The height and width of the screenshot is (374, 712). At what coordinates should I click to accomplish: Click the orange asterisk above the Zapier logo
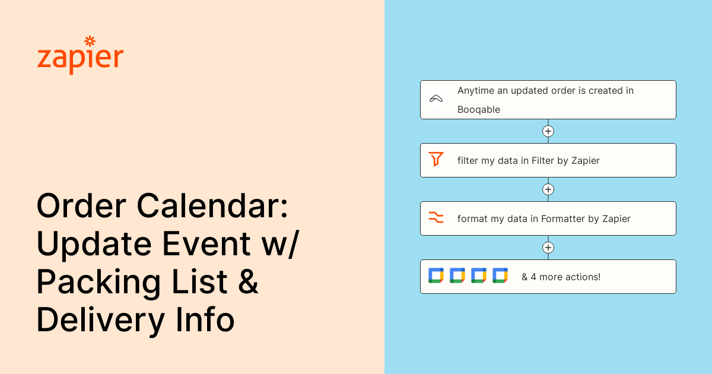pyautogui.click(x=90, y=42)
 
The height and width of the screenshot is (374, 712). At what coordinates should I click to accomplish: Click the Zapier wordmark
pyautogui.click(x=80, y=59)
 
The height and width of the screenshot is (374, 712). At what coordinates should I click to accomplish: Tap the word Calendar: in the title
pyautogui.click(x=212, y=206)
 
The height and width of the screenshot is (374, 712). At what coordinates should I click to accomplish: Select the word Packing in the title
pyautogui.click(x=99, y=283)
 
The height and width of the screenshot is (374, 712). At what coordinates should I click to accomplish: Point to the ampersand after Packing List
pyautogui.click(x=248, y=281)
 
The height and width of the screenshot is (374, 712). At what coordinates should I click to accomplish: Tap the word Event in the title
pyautogui.click(x=206, y=244)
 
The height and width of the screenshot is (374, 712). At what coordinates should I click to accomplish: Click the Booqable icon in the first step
pyautogui.click(x=436, y=99)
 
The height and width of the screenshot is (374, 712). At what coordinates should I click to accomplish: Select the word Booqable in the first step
pyautogui.click(x=479, y=110)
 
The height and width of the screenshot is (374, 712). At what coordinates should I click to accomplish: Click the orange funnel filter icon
pyautogui.click(x=436, y=159)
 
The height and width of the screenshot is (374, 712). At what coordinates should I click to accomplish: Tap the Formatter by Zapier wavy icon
pyautogui.click(x=436, y=217)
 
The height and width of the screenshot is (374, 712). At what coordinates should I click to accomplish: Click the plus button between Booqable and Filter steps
pyautogui.click(x=548, y=131)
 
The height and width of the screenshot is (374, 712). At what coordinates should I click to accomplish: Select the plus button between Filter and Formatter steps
pyautogui.click(x=548, y=189)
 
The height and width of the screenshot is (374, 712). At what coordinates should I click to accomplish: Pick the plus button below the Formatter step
pyautogui.click(x=548, y=248)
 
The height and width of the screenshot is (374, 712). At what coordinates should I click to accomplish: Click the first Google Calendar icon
pyautogui.click(x=436, y=275)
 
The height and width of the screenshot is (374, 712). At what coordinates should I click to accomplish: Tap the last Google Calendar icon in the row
pyautogui.click(x=500, y=275)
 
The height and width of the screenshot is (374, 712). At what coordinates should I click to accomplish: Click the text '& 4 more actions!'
pyautogui.click(x=561, y=277)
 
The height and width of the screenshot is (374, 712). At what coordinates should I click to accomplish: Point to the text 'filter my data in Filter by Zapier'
pyautogui.click(x=529, y=161)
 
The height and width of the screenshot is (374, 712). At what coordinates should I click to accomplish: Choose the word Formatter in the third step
pyautogui.click(x=563, y=219)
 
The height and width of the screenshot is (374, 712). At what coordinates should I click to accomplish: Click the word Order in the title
pyautogui.click(x=81, y=206)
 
